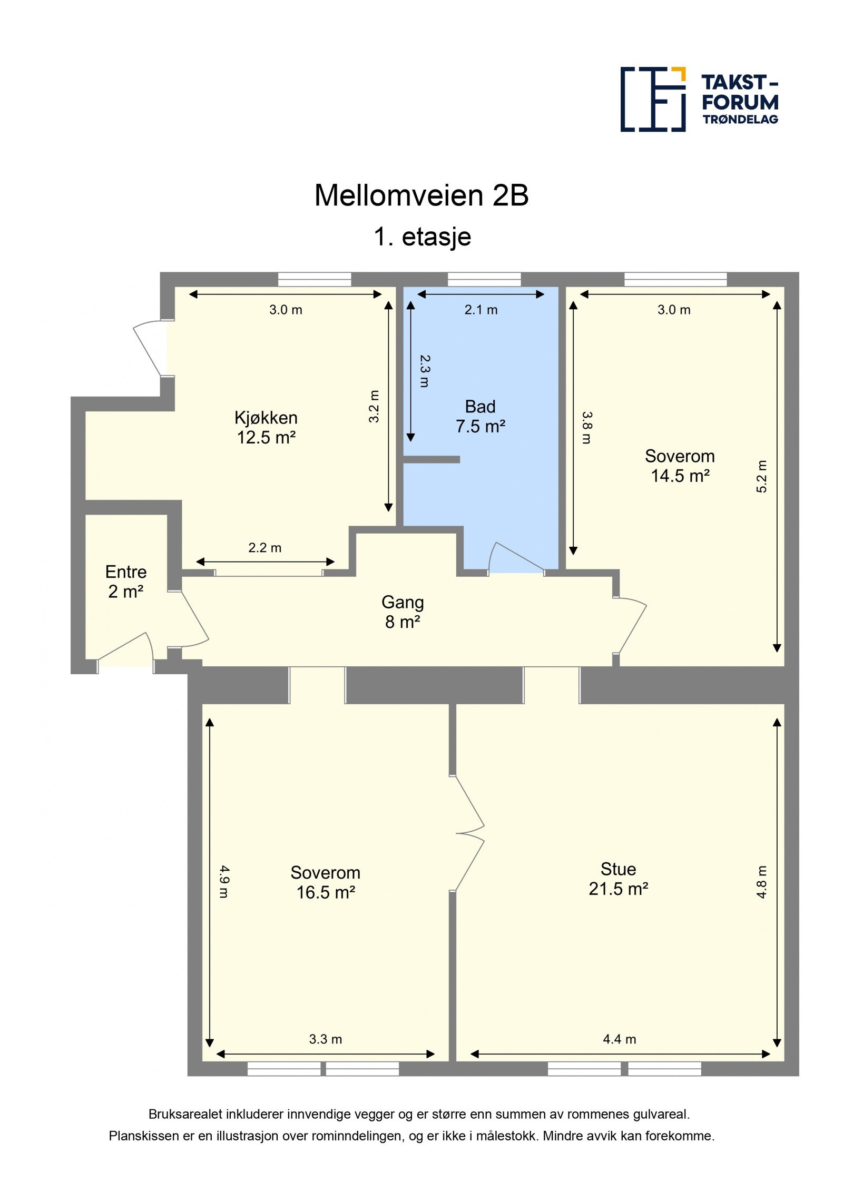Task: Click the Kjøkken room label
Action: [266, 427]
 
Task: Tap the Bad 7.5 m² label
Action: [480, 416]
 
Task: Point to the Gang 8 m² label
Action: [402, 612]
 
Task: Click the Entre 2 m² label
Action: [125, 582]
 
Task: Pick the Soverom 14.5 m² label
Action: [680, 466]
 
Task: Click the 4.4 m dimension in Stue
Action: [620, 1039]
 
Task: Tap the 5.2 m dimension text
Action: [762, 477]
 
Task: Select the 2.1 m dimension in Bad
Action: [481, 310]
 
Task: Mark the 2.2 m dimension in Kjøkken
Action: [264, 548]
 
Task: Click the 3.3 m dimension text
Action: [325, 1039]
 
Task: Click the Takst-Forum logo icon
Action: [652, 99]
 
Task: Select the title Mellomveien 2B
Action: [421, 195]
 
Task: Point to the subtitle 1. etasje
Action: [422, 237]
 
